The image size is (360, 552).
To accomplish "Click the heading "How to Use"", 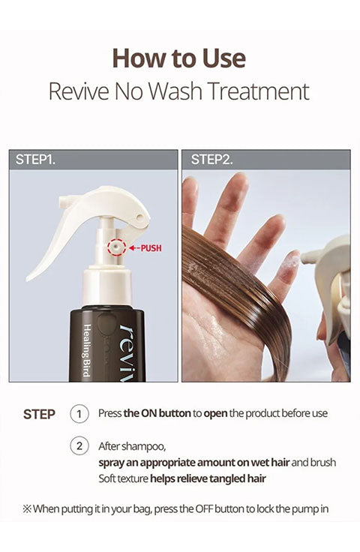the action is click(x=178, y=58).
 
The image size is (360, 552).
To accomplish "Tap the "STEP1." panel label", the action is click(x=35, y=160).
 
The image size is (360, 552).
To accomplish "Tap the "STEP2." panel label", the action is click(x=211, y=160).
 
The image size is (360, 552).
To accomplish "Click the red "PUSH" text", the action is click(x=151, y=247).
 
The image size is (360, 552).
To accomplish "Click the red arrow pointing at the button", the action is click(x=133, y=247).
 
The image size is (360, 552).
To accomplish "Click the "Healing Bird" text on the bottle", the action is click(x=87, y=350).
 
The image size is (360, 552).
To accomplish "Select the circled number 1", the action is click(x=79, y=414).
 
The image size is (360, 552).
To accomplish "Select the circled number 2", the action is click(x=79, y=446).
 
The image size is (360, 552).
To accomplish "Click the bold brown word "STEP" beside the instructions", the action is click(x=39, y=414).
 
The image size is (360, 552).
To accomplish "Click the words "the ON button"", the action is click(x=157, y=413).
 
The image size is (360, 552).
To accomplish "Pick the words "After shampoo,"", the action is click(x=132, y=446).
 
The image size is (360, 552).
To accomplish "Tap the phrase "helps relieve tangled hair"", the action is click(x=208, y=478).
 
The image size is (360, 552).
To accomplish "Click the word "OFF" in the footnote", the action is click(x=204, y=509).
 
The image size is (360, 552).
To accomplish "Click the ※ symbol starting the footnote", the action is click(x=27, y=509).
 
